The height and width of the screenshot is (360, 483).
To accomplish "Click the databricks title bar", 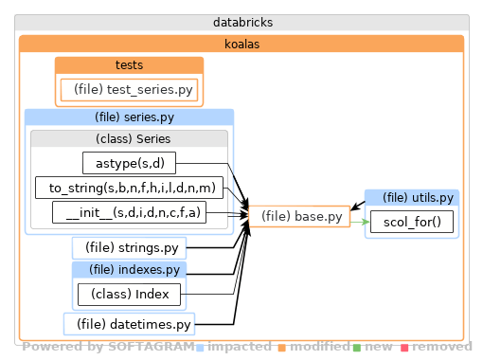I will (241, 23).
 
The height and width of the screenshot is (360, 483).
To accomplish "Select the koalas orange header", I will (241, 44).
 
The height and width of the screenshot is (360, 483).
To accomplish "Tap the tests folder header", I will (129, 64).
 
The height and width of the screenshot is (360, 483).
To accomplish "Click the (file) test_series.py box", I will (130, 89).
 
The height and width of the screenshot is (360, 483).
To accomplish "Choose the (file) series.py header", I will (129, 117).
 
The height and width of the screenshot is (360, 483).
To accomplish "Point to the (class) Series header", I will (129, 138).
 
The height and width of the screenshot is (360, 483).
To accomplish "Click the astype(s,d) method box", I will (130, 163).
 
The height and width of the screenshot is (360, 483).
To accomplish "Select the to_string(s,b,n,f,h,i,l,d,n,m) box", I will (129, 188).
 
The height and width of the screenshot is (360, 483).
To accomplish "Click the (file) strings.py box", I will (129, 248).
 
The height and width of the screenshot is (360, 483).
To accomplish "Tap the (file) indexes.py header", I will (129, 270).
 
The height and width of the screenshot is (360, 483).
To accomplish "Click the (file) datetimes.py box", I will (130, 325).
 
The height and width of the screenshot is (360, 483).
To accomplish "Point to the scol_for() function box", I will (412, 223).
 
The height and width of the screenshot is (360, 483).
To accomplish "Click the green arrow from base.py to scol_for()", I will (358, 222).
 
